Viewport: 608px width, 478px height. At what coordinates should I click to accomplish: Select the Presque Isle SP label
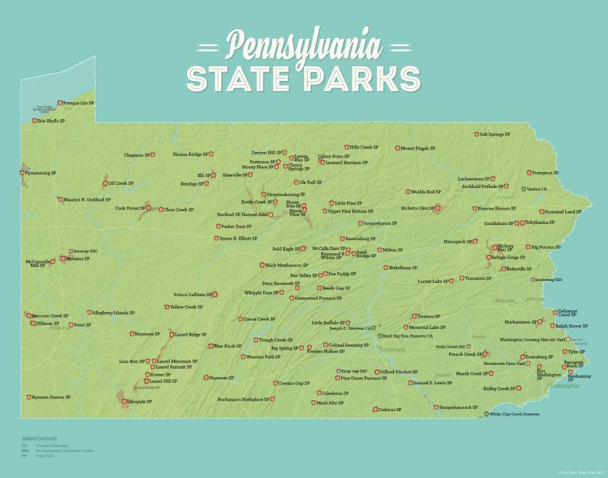click(x=79, y=103)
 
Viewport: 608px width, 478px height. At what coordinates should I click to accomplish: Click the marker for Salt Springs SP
click(x=476, y=134)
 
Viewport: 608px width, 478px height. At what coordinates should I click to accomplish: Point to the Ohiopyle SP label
click(x=140, y=401)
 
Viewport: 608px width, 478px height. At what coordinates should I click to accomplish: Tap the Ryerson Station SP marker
click(x=28, y=397)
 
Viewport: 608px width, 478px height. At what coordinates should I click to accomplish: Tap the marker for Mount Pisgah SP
click(x=396, y=148)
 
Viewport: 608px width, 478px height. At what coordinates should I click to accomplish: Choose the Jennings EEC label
click(x=86, y=251)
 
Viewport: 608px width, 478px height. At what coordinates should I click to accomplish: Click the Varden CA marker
click(x=523, y=189)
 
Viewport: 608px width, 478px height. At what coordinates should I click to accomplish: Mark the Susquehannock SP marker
click(x=436, y=407)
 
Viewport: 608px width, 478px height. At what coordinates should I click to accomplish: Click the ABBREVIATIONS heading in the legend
click(x=40, y=438)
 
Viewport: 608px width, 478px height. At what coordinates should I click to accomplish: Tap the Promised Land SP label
click(x=562, y=212)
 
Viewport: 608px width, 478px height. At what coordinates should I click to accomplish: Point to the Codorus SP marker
click(x=375, y=409)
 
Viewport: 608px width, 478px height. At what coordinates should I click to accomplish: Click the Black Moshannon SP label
click(x=287, y=265)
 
